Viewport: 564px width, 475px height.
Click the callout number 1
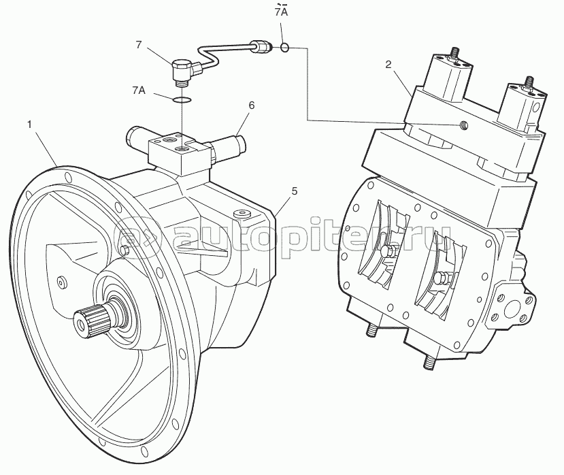[x=29, y=125]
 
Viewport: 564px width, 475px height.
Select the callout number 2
[x=388, y=65]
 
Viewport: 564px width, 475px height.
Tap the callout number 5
[x=295, y=191]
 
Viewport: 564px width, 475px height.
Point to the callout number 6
[x=252, y=105]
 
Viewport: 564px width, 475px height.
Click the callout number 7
[x=139, y=45]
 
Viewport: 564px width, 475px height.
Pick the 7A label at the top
[x=281, y=12]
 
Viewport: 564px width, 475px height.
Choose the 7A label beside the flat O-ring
[x=139, y=90]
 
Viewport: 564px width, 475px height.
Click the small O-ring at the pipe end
[x=284, y=47]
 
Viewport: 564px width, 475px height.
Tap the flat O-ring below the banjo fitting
[x=182, y=99]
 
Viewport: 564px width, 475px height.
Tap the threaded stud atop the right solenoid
[x=529, y=82]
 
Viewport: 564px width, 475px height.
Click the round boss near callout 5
[x=242, y=214]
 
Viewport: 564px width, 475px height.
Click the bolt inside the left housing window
[x=388, y=252]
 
